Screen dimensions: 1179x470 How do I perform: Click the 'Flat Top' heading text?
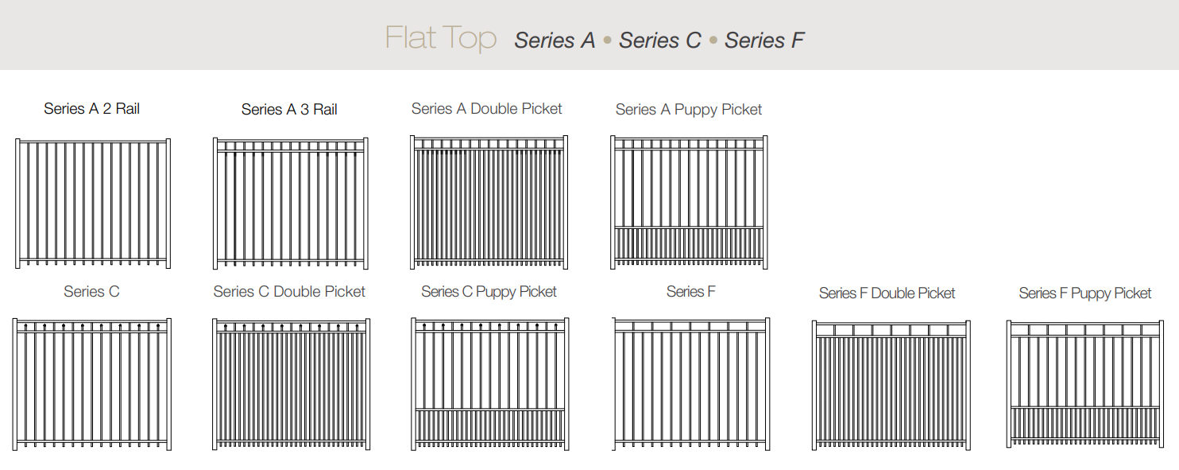coord(441,38)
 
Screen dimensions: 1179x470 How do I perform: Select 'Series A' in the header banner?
coord(555,40)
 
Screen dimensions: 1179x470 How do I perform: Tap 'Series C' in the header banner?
coord(659,40)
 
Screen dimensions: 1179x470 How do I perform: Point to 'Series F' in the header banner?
coord(764,40)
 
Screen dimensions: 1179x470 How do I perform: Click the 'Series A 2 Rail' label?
coord(91,108)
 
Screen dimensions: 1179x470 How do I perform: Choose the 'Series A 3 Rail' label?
coord(289,110)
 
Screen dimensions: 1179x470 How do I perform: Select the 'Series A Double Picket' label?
coord(486,108)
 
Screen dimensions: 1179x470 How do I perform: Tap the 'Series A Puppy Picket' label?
coord(689,110)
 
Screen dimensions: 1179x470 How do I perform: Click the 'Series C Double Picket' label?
coord(289,291)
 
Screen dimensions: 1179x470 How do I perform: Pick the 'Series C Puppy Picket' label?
coord(489,292)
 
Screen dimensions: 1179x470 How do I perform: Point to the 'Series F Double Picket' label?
coord(887,293)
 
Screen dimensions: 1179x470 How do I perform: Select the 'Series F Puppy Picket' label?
coord(1084,293)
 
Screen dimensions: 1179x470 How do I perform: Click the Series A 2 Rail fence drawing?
coord(93,204)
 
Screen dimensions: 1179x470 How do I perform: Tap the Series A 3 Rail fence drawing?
coord(291,204)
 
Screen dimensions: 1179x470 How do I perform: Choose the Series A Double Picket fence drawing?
coord(489,202)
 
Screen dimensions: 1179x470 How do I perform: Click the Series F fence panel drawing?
coord(691,384)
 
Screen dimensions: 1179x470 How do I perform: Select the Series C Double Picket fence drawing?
coord(291,384)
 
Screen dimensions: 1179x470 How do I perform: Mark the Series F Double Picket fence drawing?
coord(891,385)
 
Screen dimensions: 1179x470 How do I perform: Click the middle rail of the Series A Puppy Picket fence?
coord(689,227)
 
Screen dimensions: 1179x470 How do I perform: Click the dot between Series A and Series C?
coord(607,40)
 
